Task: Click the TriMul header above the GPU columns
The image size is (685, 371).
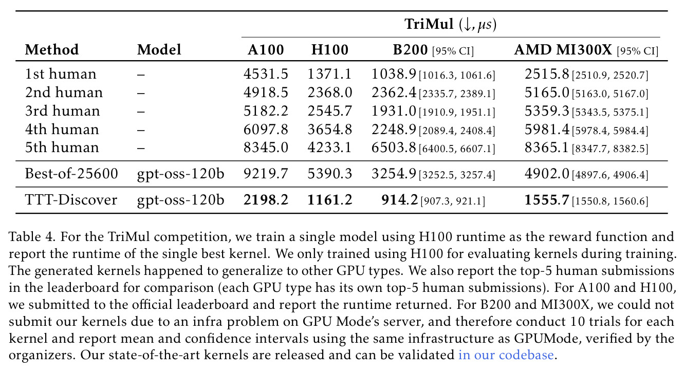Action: click(x=451, y=24)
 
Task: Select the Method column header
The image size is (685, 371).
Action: click(x=52, y=49)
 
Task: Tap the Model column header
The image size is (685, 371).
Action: click(x=159, y=49)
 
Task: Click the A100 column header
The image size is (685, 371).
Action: click(x=266, y=49)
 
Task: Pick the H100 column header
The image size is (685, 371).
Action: click(x=330, y=49)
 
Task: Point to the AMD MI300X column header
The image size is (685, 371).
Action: click(x=563, y=49)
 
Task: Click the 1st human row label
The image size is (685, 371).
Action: click(x=61, y=74)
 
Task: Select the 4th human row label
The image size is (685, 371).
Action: click(x=62, y=129)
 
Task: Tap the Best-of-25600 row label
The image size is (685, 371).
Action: click(x=71, y=174)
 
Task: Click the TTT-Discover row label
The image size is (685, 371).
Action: click(x=71, y=200)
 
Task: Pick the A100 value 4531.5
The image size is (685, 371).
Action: click(x=266, y=74)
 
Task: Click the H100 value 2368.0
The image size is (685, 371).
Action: click(x=330, y=92)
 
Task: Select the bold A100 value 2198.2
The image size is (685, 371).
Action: click(x=266, y=200)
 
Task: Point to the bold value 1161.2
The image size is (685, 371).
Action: click(x=330, y=200)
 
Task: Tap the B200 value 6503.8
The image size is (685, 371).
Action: click(x=394, y=147)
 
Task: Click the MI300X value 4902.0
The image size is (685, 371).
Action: click(x=547, y=174)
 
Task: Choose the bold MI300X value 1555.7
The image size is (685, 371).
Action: click(x=547, y=200)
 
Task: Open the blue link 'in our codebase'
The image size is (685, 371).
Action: click(x=506, y=355)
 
